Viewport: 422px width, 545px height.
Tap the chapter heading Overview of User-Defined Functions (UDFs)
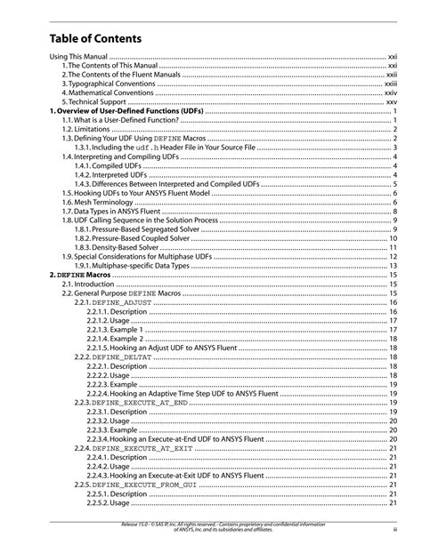126,111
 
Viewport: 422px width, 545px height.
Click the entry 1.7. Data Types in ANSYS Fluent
110,212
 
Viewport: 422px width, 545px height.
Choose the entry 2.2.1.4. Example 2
116,339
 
